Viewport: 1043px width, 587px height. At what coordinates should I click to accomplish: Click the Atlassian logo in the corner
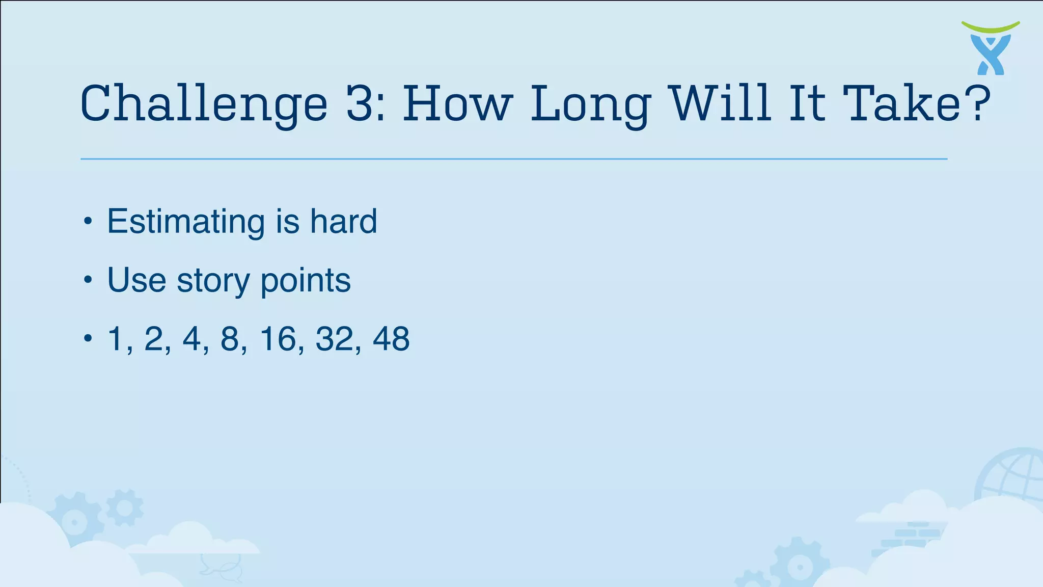click(991, 48)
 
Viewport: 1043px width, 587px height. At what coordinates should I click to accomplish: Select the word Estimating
click(186, 222)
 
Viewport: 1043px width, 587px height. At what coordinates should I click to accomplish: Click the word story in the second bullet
click(213, 281)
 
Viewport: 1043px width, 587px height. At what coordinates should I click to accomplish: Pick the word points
click(306, 281)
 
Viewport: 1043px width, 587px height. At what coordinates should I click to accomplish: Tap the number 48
click(391, 339)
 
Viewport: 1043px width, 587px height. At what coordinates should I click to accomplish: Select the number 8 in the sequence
click(230, 339)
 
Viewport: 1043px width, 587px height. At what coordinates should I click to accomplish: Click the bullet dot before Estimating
click(88, 222)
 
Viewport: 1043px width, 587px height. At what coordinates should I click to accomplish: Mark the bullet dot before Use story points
click(88, 280)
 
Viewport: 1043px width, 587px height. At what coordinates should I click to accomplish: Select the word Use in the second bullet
click(136, 281)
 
